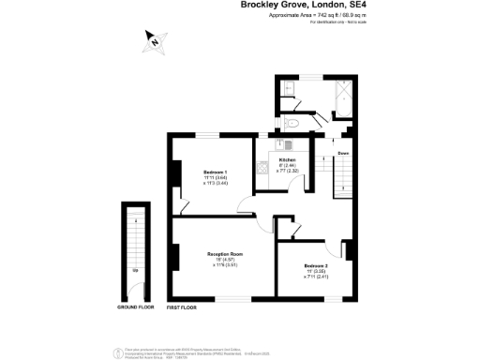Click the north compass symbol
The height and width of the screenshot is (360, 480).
point(153,40)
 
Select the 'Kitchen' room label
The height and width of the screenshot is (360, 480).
point(287,160)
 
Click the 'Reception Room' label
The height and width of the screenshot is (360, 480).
point(225,254)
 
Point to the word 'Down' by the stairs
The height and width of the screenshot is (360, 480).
point(344,153)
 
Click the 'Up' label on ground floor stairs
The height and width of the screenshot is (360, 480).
point(136,270)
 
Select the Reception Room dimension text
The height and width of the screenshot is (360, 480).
point(225,262)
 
